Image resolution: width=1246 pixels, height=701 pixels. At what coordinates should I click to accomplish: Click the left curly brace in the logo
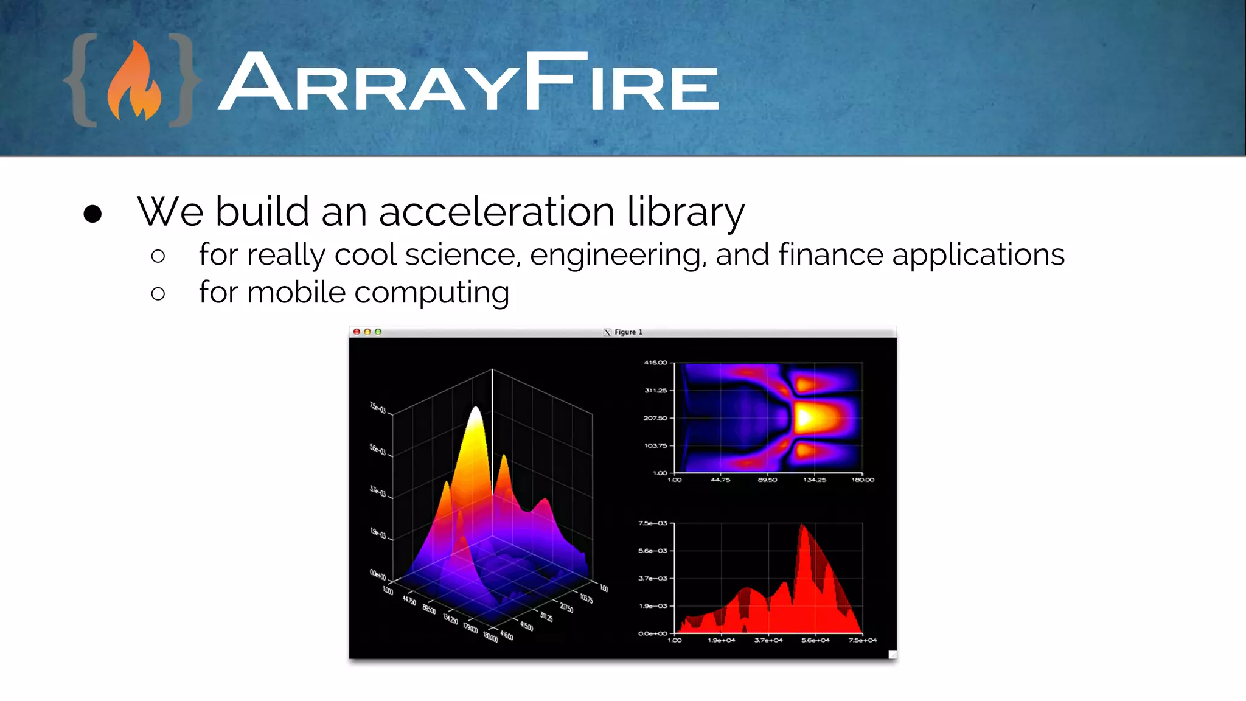(x=83, y=80)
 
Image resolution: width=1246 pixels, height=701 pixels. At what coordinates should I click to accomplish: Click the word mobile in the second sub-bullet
(x=296, y=292)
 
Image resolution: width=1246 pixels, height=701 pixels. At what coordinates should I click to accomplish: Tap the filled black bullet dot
(x=92, y=214)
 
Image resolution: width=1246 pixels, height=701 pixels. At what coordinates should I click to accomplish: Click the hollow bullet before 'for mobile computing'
(x=158, y=294)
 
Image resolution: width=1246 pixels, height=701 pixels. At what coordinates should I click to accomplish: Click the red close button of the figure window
(x=357, y=332)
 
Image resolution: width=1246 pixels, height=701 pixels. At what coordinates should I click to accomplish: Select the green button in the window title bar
(x=378, y=332)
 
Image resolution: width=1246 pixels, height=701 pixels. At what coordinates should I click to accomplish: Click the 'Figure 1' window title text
(x=628, y=332)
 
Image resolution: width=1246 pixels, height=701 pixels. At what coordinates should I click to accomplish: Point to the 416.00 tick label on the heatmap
(x=655, y=363)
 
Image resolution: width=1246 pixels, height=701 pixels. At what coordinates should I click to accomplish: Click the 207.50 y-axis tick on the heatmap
(x=655, y=418)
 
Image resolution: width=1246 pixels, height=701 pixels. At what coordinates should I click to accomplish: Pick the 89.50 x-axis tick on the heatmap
(x=767, y=480)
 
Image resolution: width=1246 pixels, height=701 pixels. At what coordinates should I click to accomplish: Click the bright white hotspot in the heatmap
(x=804, y=418)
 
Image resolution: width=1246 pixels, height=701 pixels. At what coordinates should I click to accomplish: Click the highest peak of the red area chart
(x=802, y=526)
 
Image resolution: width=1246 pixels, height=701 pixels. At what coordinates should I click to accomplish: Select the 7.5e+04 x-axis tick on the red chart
(x=863, y=640)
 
